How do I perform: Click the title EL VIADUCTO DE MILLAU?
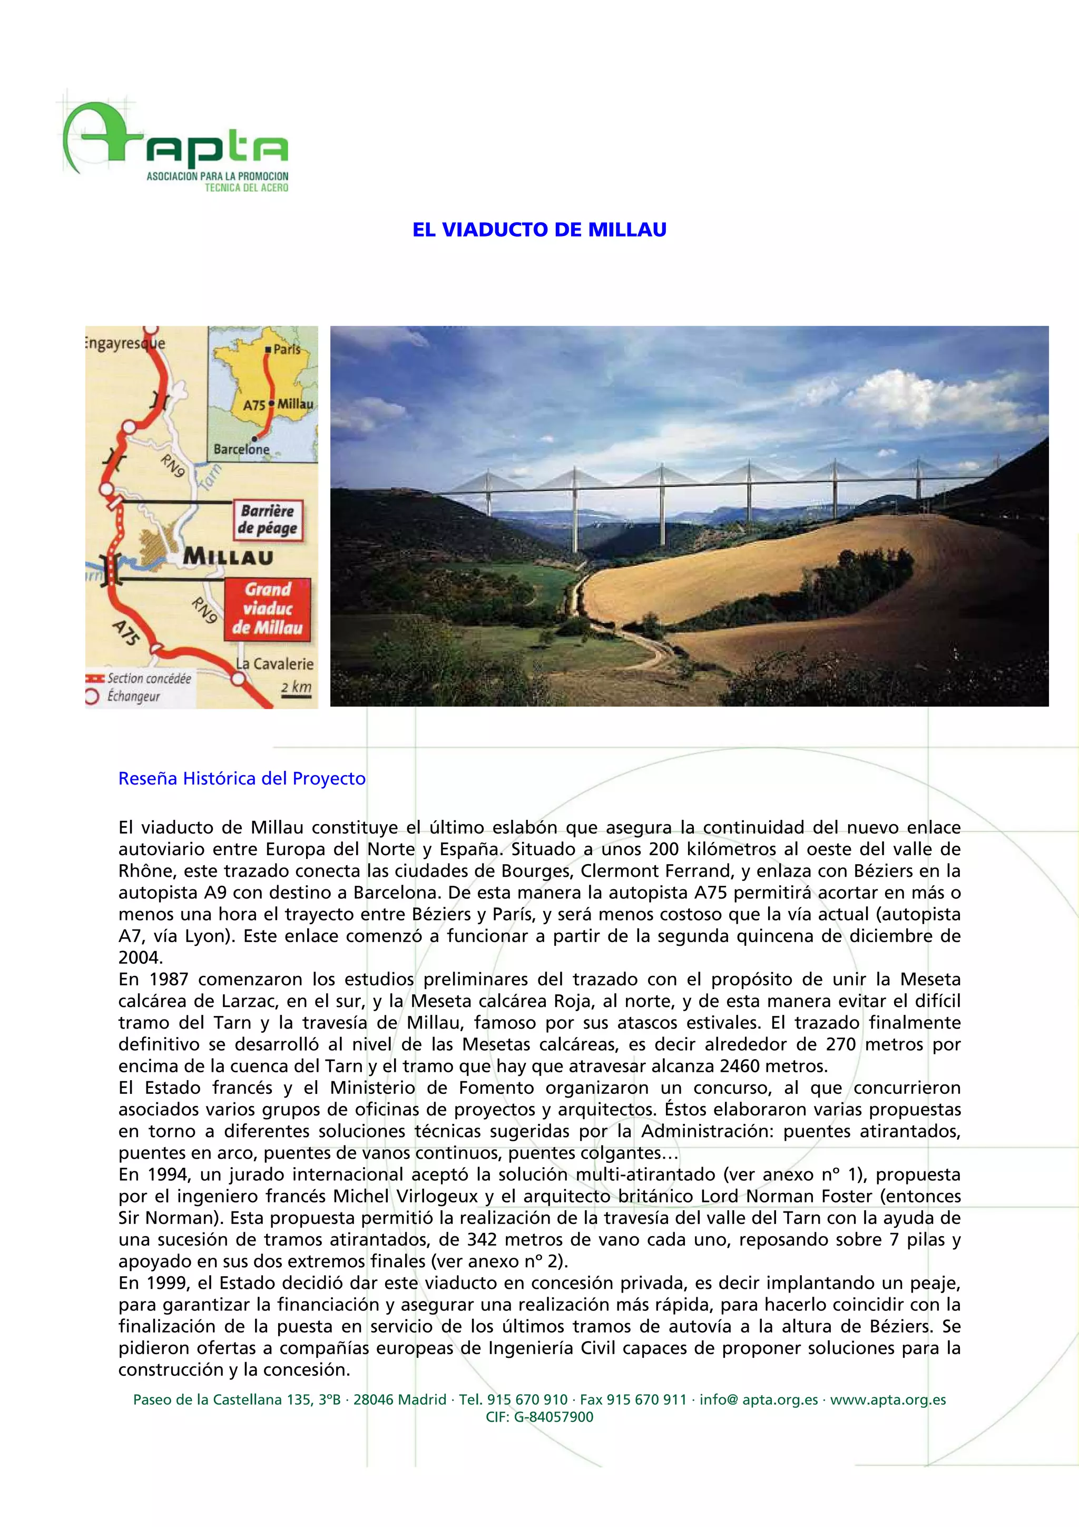pyautogui.click(x=539, y=230)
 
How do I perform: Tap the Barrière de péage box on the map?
pyautogui.click(x=267, y=520)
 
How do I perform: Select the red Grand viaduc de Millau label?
pyautogui.click(x=267, y=609)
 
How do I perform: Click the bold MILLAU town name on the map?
pyautogui.click(x=228, y=556)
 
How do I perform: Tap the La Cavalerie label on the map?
pyautogui.click(x=274, y=664)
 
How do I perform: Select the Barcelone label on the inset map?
pyautogui.click(x=241, y=449)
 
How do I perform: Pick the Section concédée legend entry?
pyautogui.click(x=148, y=678)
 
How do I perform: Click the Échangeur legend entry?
pyautogui.click(x=133, y=697)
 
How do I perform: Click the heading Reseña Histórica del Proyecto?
pyautogui.click(x=242, y=778)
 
